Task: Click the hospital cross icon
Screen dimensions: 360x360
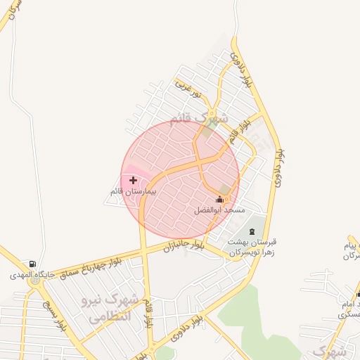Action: point(133,181)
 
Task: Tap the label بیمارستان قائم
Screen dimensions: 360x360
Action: point(133,191)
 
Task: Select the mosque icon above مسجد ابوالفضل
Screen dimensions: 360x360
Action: point(219,200)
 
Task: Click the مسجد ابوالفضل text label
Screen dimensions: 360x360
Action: point(220,210)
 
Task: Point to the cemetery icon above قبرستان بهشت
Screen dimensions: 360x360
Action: point(252,232)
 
